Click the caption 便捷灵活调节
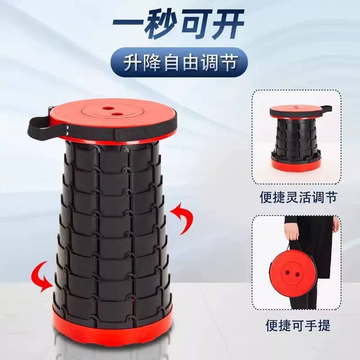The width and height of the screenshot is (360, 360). click(x=298, y=197)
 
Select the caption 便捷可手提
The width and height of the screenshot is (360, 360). click(x=298, y=325)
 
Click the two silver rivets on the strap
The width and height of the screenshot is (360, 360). click(x=67, y=130)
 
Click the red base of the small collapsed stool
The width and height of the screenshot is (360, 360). click(x=296, y=164)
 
